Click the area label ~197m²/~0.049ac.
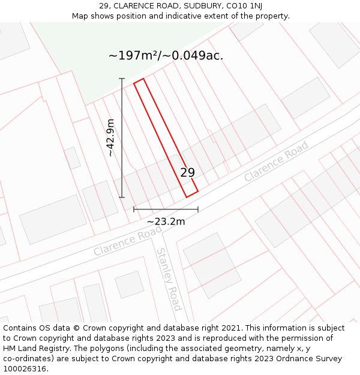[166, 56]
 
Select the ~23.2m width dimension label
[166, 221]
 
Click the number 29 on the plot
[188, 172]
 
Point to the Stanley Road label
[169, 279]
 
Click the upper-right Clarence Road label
[276, 161]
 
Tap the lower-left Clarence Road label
[128, 241]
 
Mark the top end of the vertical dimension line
[122, 79]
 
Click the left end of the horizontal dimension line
[134, 209]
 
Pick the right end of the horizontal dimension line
[198, 209]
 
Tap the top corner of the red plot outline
[143, 79]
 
